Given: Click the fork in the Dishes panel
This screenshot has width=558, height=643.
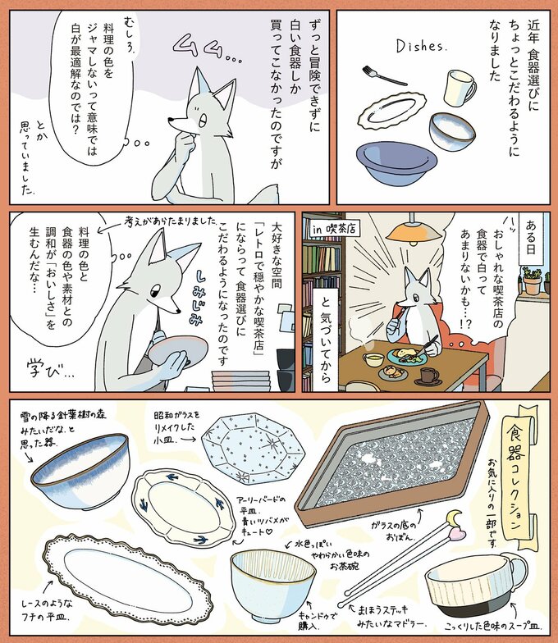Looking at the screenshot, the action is (384, 75).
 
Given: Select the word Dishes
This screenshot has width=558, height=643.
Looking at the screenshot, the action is (420, 46).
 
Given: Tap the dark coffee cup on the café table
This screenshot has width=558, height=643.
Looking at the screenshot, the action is (429, 376).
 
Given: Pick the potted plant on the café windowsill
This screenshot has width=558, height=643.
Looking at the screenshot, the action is (532, 280).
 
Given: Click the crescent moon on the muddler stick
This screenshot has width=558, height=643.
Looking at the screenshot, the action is (455, 518).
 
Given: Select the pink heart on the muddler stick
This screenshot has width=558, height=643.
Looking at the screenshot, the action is (456, 533).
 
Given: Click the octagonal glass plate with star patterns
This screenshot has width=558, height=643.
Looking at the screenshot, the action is (253, 449).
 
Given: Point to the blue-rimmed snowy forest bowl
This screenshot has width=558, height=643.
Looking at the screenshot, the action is (80, 471).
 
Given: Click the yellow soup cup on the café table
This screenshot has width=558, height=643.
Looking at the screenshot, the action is (373, 359).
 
